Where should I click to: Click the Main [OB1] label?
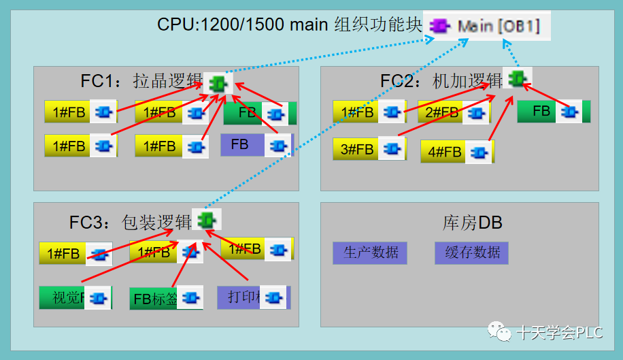tap(499, 27)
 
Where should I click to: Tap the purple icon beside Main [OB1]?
tap(439, 27)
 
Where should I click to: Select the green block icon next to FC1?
tap(218, 83)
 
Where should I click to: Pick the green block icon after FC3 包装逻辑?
tap(206, 219)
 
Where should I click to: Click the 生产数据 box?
tap(370, 252)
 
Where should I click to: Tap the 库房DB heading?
tap(472, 223)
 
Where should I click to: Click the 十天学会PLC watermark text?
tap(559, 333)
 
